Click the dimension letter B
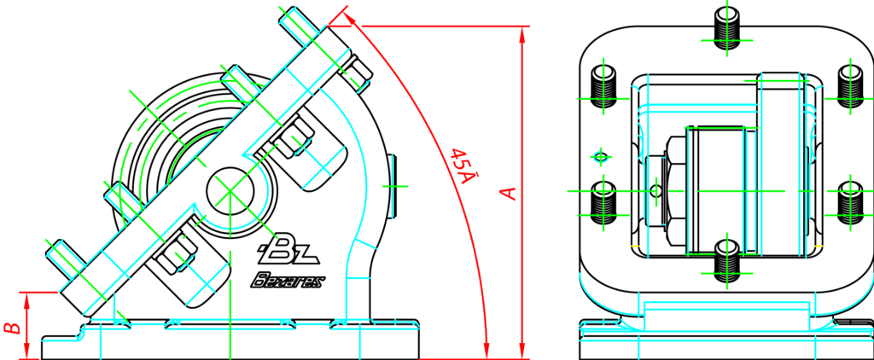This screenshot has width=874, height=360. [11, 327]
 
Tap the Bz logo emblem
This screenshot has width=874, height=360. [287, 248]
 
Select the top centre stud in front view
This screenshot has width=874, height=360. [728, 29]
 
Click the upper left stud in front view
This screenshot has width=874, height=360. [605, 85]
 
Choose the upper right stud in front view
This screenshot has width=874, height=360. [850, 85]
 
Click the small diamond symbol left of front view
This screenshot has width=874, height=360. [601, 156]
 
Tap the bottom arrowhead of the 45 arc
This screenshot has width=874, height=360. [487, 351]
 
